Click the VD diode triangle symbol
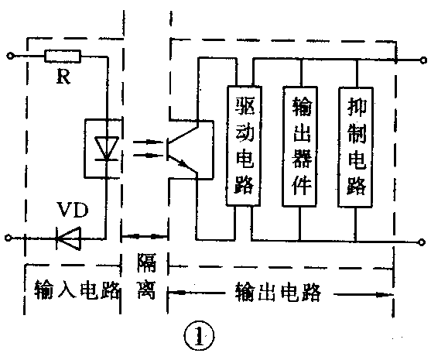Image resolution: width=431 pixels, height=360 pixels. tap(69, 239)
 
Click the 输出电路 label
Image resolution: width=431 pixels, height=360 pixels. tap(277, 292)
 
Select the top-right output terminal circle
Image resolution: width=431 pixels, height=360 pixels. tap(421, 58)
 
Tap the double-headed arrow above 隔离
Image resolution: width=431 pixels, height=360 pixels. tap(144, 235)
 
